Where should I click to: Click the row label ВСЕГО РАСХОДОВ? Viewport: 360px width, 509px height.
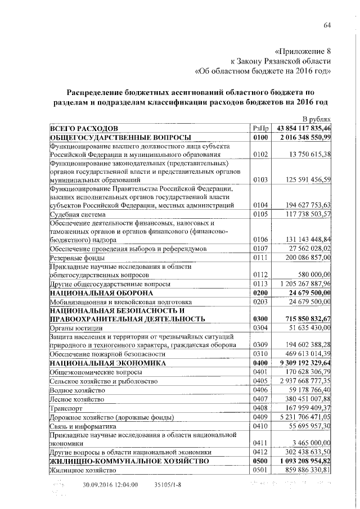point(84,128)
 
